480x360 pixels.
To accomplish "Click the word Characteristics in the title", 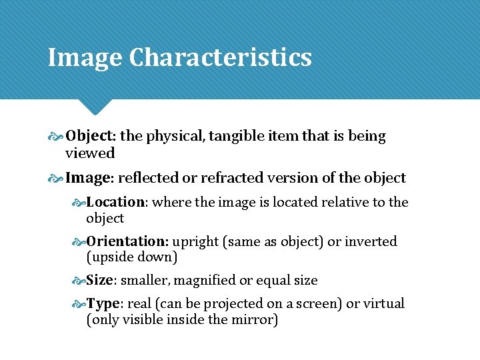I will coord(220,57).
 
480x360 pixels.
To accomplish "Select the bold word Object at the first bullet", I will coord(90,136).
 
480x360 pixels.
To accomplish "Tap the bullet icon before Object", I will coord(55,137).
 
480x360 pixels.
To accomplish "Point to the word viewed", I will coord(90,153).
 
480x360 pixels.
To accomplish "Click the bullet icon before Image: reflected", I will coord(55,179).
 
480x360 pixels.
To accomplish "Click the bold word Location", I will coord(116,202).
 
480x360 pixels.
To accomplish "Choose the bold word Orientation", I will coord(127,241).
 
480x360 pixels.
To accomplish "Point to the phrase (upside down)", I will coord(131,257).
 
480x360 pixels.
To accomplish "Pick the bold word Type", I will coord(103,304).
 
